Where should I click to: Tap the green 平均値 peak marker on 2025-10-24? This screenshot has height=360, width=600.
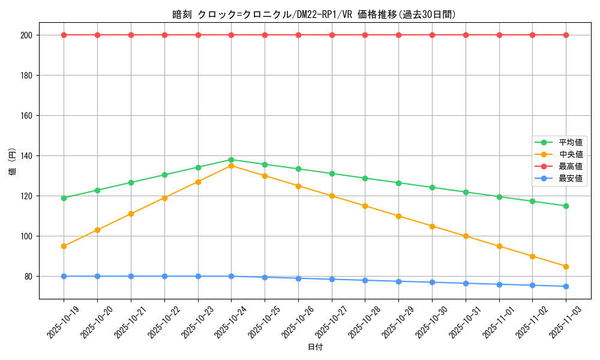(x=231, y=160)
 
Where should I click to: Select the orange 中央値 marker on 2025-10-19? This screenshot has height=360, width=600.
(x=64, y=246)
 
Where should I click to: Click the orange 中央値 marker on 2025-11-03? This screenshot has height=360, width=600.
(x=566, y=266)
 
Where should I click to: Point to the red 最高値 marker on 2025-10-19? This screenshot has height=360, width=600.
(x=64, y=35)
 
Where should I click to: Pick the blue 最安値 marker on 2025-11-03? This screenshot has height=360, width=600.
(x=566, y=286)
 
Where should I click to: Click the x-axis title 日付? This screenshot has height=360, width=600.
(x=315, y=347)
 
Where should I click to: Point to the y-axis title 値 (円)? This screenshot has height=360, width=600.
(x=13, y=161)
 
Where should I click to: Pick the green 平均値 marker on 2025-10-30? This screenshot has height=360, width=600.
(x=432, y=187)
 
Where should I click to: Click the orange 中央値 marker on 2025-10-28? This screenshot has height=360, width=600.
(x=365, y=206)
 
